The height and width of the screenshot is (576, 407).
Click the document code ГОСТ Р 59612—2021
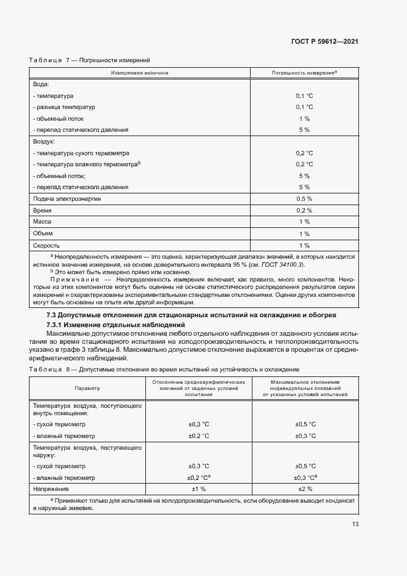click(x=325, y=41)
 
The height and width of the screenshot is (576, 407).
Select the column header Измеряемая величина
click(x=140, y=73)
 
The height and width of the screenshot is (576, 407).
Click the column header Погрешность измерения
click(x=304, y=73)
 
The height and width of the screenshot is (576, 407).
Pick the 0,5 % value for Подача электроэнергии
click(x=304, y=199)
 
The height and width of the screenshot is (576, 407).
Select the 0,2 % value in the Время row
click(x=304, y=210)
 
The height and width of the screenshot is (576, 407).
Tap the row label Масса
click(x=42, y=221)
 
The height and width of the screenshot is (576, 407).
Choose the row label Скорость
click(x=46, y=245)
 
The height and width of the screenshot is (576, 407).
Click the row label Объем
click(x=43, y=233)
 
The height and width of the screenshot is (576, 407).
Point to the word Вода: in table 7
click(x=41, y=84)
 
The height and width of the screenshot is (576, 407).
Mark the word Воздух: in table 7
click(x=44, y=142)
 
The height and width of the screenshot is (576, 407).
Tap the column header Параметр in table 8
click(x=87, y=389)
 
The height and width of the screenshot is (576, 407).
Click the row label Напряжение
click(x=52, y=489)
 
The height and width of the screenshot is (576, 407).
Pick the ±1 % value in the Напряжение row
click(x=198, y=489)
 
